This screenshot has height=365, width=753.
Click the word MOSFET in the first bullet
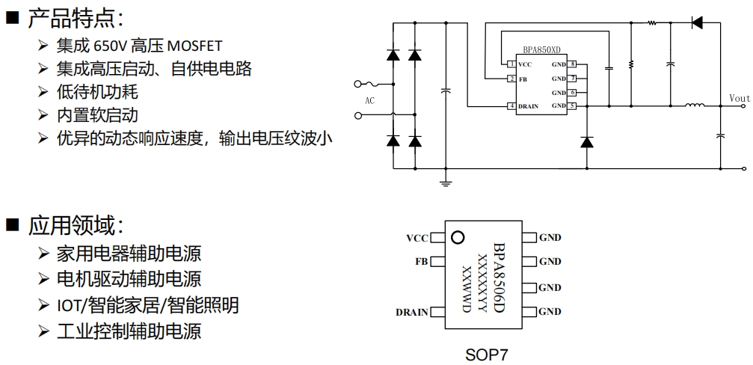tap(195, 47)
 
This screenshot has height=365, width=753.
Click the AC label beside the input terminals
tap(369, 100)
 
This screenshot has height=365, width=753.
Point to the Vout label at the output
tap(739, 99)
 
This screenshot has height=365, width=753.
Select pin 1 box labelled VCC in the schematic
tap(511, 65)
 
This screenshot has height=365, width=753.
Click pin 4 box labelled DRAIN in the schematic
tap(511, 106)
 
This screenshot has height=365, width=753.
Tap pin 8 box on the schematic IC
tap(572, 65)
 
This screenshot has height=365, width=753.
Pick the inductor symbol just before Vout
tap(694, 106)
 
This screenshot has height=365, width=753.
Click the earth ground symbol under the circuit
tap(446, 180)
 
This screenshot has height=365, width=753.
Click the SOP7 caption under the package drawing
tap(486, 355)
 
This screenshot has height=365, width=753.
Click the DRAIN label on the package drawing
tap(411, 312)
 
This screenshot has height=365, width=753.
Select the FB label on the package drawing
tap(421, 262)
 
